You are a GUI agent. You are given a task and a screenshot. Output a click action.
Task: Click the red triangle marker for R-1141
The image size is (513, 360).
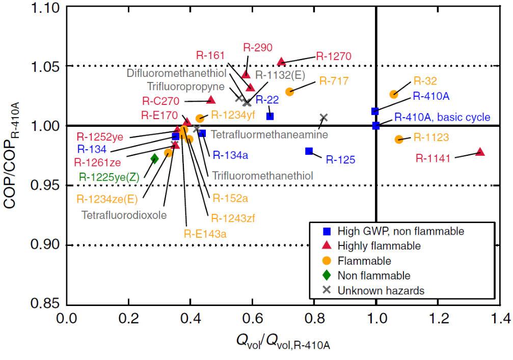point(479,152)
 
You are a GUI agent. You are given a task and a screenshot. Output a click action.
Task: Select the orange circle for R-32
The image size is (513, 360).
point(393,94)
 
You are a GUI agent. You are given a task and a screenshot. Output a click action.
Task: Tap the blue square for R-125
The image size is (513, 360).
point(309,151)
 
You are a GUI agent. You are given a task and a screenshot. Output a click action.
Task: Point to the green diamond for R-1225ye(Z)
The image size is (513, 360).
point(155,159)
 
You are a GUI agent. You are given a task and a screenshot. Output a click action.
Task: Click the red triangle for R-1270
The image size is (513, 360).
point(281,62)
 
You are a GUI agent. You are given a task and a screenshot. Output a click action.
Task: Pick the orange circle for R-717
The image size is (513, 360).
point(289,92)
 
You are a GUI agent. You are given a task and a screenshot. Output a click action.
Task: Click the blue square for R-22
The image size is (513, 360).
point(270,116)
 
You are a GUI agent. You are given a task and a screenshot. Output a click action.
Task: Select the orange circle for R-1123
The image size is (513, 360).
point(399,139)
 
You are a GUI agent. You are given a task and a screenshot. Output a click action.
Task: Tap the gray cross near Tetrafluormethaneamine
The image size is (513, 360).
point(323,118)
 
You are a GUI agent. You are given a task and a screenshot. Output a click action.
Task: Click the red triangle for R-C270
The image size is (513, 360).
point(211,100)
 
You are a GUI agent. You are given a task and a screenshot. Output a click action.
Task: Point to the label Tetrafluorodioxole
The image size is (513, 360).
point(124,214)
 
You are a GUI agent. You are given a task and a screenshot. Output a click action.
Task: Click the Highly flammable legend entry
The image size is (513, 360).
point(379,246)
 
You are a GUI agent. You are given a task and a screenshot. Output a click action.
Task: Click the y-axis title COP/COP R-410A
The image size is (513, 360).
point(15,153)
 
